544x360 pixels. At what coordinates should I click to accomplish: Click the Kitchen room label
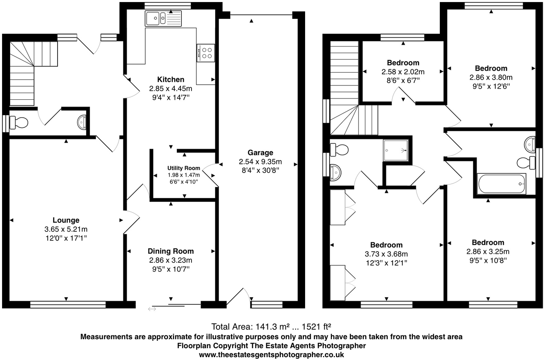(171, 79)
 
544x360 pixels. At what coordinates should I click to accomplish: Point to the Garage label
(260, 152)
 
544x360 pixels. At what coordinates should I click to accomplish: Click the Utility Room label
(184, 168)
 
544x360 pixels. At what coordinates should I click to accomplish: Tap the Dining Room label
(171, 251)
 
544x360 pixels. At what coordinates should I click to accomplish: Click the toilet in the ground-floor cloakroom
(19, 122)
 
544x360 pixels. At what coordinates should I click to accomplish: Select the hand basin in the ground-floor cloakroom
(82, 122)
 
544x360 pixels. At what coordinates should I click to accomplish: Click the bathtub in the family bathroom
(502, 184)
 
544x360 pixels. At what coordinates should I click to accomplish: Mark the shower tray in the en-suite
(396, 150)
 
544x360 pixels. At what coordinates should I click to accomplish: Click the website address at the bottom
(272, 355)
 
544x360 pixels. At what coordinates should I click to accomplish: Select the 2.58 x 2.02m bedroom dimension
(403, 72)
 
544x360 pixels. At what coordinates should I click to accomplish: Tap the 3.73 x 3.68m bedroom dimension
(386, 254)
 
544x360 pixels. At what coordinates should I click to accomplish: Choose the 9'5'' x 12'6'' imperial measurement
(491, 86)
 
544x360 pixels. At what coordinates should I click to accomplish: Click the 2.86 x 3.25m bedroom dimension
(488, 251)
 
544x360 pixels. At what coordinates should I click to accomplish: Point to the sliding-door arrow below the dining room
(152, 309)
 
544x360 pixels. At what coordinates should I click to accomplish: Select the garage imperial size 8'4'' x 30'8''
(260, 170)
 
